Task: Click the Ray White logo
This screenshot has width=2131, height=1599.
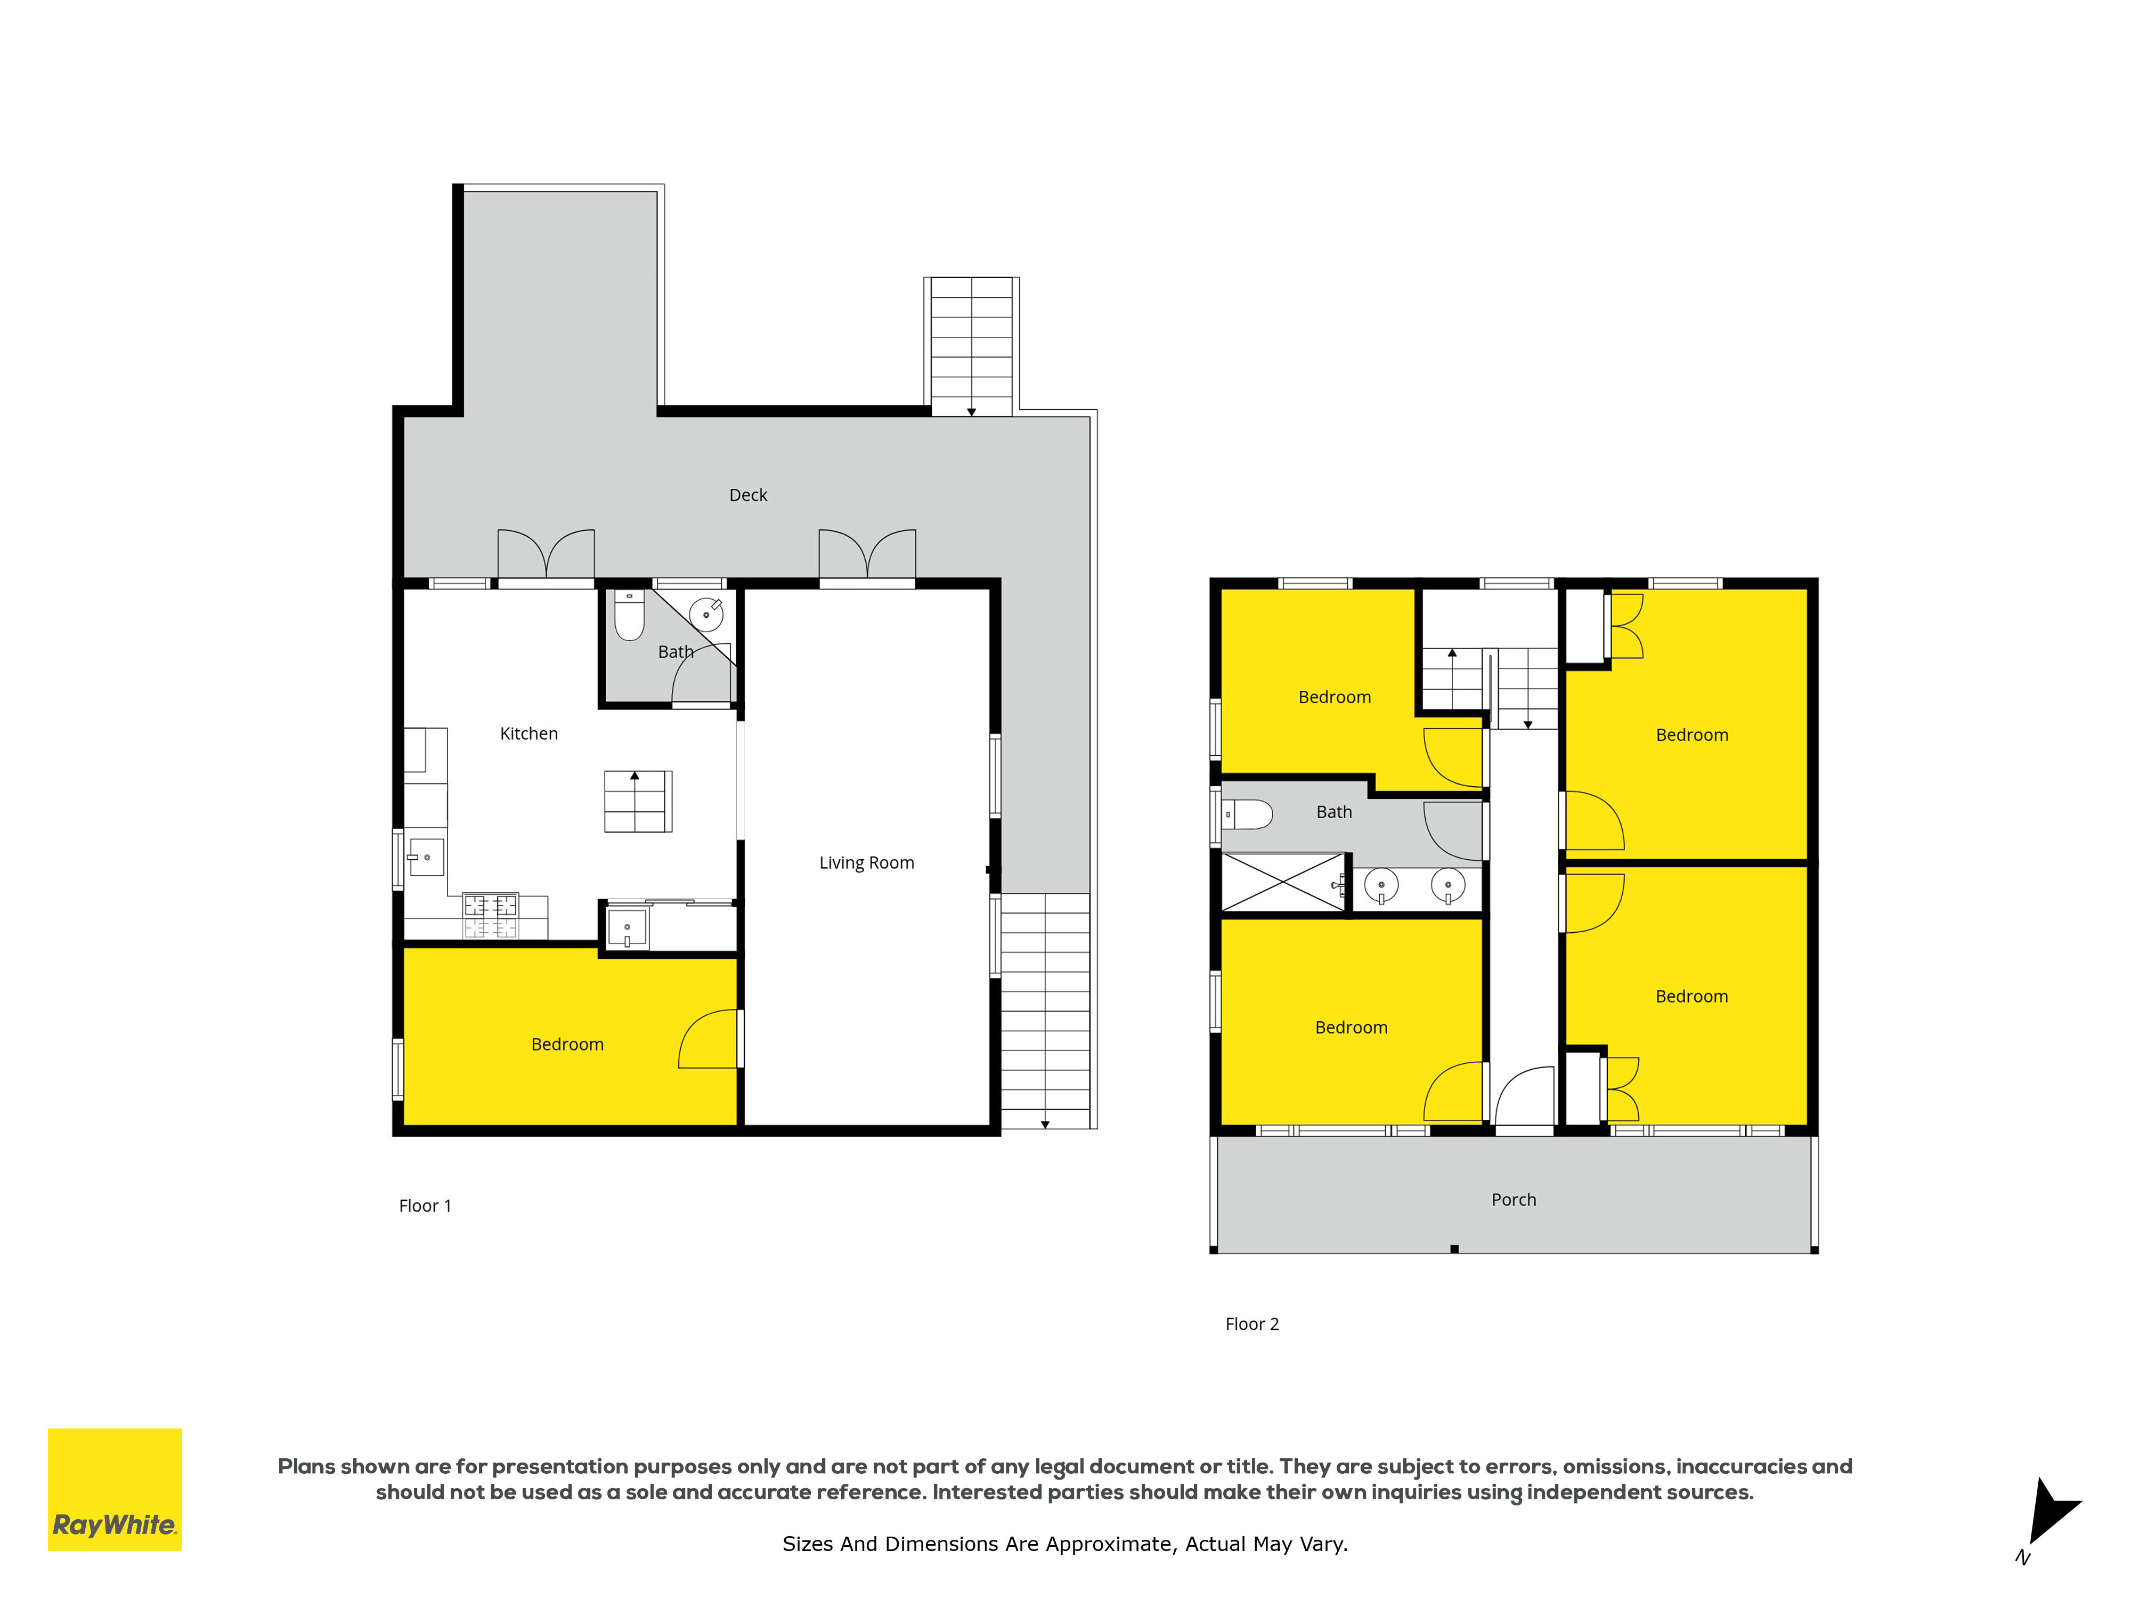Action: [115, 1489]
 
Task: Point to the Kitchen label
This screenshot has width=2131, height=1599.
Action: [529, 733]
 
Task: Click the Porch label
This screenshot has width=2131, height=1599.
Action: [1514, 1200]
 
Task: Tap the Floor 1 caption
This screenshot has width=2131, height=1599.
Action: [425, 1206]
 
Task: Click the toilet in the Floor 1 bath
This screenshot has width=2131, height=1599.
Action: [629, 615]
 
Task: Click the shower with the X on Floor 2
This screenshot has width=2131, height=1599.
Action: [1283, 882]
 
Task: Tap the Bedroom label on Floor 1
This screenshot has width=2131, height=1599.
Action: [567, 1045]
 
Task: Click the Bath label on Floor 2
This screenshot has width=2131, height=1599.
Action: [1335, 812]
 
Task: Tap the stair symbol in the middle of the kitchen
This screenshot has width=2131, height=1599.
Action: [638, 801]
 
